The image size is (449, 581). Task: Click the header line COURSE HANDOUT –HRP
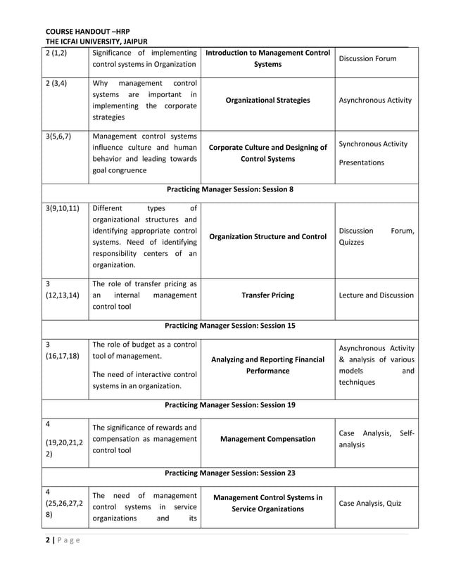(x=88, y=32)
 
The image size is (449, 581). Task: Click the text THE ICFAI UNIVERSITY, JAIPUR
(x=96, y=42)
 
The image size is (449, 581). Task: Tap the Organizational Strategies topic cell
(x=267, y=101)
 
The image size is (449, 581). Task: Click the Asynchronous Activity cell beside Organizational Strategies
(x=376, y=101)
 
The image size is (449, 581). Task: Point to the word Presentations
(x=362, y=162)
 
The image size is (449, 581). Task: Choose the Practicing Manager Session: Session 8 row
(x=229, y=189)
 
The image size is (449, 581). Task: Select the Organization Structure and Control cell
(x=267, y=236)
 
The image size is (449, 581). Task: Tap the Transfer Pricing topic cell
(x=267, y=295)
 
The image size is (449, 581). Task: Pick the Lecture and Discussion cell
(x=376, y=295)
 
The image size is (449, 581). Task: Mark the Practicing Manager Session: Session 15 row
(x=229, y=326)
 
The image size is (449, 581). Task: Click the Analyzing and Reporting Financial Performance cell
(x=267, y=365)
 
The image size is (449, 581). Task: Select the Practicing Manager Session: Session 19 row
(x=229, y=405)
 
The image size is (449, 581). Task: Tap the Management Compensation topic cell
(x=267, y=439)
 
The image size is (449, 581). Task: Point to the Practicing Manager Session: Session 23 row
(x=229, y=473)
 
